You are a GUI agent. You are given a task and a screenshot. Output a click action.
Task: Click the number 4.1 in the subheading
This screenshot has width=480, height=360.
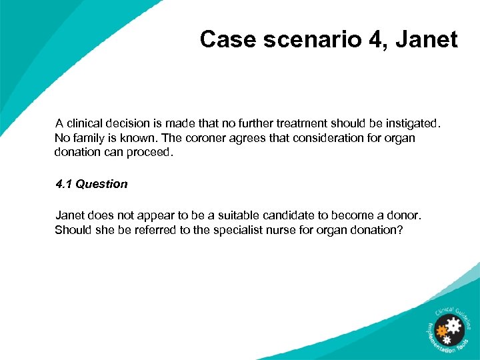click(x=64, y=184)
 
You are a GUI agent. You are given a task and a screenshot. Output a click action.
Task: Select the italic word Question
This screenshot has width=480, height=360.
click(x=101, y=184)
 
